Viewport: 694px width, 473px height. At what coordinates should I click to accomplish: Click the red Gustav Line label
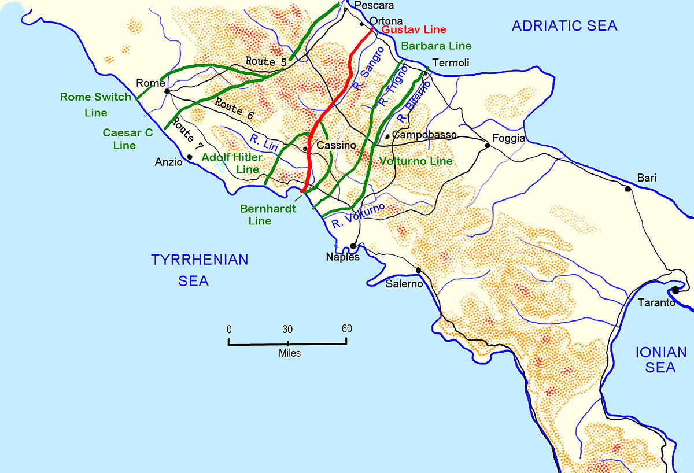(x=414, y=29)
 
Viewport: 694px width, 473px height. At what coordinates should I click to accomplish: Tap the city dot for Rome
(x=167, y=91)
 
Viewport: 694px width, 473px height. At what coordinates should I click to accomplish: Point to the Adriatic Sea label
(x=564, y=25)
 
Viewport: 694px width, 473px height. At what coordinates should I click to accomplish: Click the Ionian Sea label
(x=660, y=360)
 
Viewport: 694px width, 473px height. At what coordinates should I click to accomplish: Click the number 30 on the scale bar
(x=287, y=329)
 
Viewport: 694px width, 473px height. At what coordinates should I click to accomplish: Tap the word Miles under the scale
(x=289, y=353)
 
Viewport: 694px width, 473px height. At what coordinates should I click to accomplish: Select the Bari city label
(x=647, y=178)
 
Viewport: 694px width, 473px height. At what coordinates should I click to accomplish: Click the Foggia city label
(x=508, y=139)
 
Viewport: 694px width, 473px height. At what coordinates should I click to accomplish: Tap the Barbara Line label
(x=435, y=46)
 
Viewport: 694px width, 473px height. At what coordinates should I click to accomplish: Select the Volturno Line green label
(x=415, y=161)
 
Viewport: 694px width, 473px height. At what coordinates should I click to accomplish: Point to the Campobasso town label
(x=424, y=135)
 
